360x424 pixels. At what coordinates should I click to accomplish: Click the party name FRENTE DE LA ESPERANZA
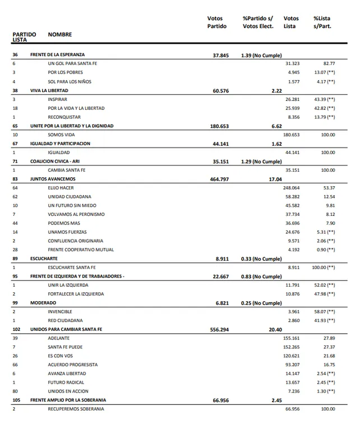(57, 55)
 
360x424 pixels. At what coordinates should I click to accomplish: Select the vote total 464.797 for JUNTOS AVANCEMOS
(218, 179)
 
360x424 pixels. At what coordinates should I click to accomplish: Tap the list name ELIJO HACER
(61, 188)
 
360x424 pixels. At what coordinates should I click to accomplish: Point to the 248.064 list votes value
(292, 188)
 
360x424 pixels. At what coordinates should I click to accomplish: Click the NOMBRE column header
(60, 35)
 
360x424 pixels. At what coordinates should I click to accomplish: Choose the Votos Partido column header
(217, 22)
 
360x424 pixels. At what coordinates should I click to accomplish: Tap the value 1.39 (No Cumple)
(261, 55)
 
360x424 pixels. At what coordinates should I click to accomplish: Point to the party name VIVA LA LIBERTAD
(49, 90)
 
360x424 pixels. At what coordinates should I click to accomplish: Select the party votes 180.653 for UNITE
(218, 126)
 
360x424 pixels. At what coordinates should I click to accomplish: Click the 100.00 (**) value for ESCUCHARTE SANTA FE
(324, 268)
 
